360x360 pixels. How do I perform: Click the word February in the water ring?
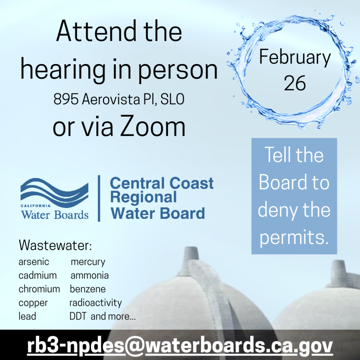[x=295, y=57]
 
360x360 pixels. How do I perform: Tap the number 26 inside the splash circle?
[x=295, y=83]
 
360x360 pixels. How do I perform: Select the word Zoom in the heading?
[x=153, y=127]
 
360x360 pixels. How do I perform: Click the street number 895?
[x=66, y=99]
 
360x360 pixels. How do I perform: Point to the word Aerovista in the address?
[x=111, y=99]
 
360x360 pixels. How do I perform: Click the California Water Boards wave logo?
[x=54, y=199]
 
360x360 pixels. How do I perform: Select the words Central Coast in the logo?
[x=162, y=183]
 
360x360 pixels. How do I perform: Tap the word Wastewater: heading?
[x=55, y=245]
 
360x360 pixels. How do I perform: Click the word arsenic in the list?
[x=34, y=262]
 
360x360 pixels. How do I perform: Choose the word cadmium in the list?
[x=38, y=275]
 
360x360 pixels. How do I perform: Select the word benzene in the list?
[x=88, y=289]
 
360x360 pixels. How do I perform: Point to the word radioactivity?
[x=96, y=303]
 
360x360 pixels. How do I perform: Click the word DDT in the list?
[x=78, y=316]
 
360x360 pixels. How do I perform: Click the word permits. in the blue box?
[x=294, y=237]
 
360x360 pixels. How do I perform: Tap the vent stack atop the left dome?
[x=191, y=255]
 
